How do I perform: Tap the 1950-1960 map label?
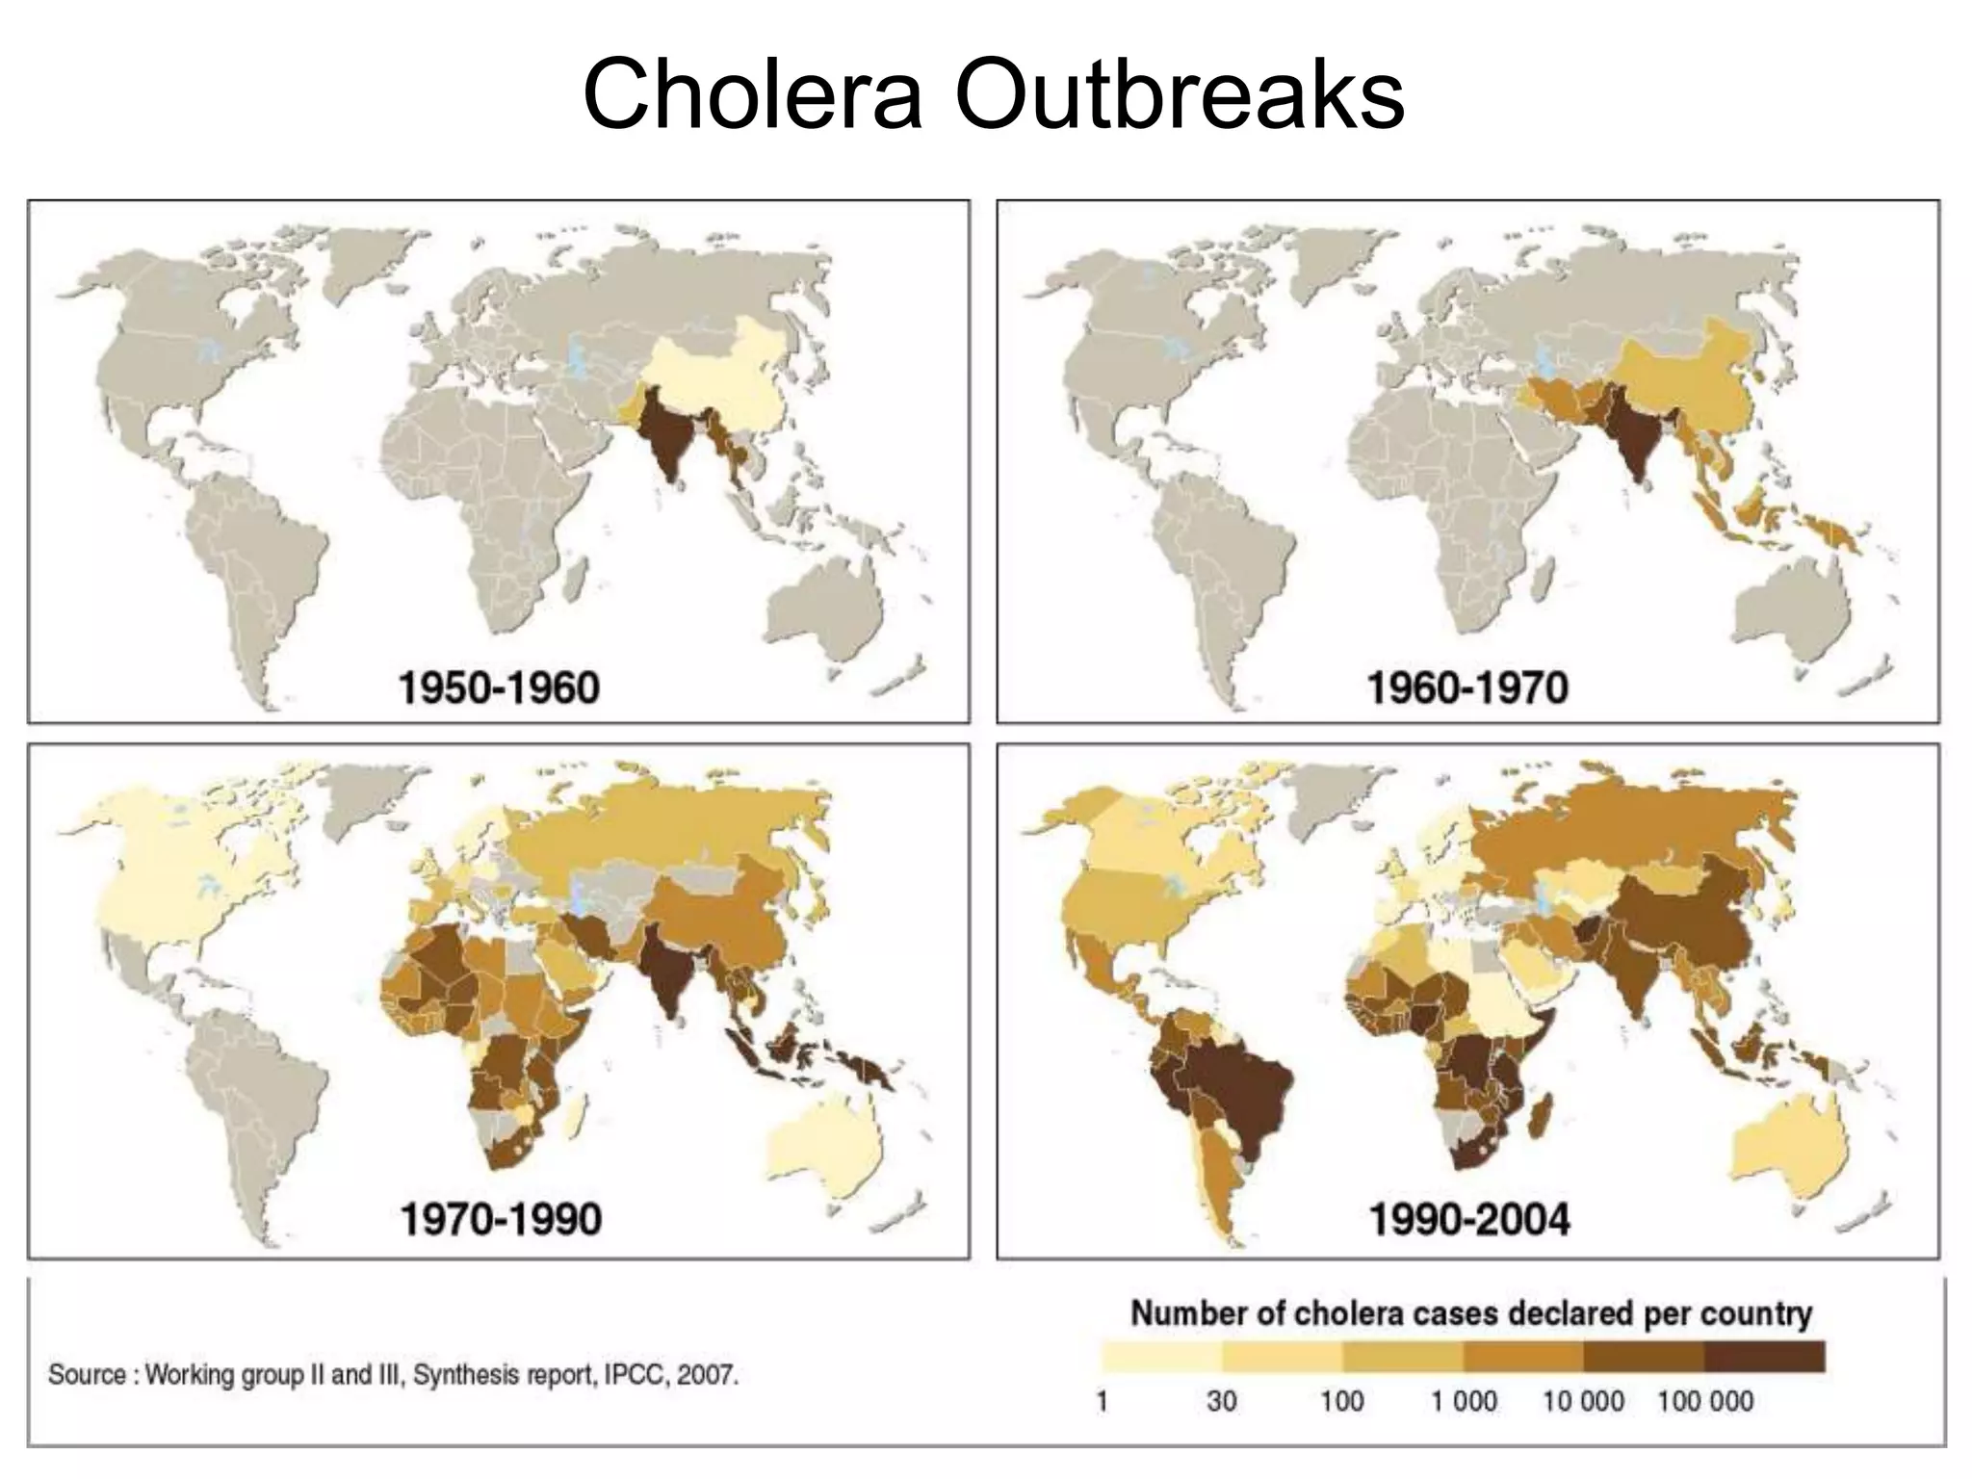pos(498,688)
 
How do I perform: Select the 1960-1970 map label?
pos(1467,688)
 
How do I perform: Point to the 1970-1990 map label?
pos(500,1219)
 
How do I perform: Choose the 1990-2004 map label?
pos(1469,1219)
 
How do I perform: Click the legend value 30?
pos(1221,1400)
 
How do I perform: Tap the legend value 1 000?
pos(1463,1400)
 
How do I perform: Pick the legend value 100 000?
pos(1704,1400)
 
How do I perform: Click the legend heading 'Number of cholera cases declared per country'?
pos(1470,1313)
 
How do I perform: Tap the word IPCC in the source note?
pos(636,1374)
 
